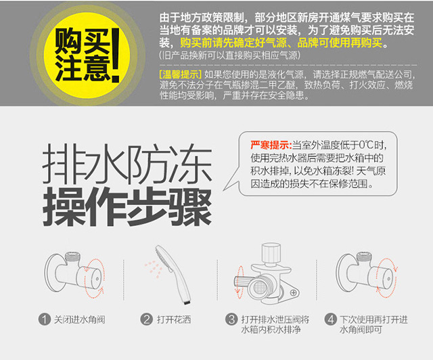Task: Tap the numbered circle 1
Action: tap(45, 319)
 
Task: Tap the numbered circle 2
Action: tap(146, 319)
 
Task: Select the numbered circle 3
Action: tap(231, 319)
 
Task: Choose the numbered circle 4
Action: tap(331, 319)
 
